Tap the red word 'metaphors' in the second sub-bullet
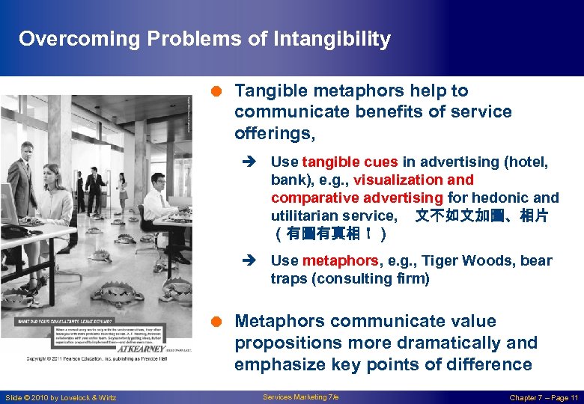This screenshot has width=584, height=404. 340,260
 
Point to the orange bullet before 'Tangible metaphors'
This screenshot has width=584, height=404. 215,91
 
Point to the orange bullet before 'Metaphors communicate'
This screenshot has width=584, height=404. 215,322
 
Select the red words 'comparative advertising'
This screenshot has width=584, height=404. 357,198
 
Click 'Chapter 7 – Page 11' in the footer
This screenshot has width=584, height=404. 544,397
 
